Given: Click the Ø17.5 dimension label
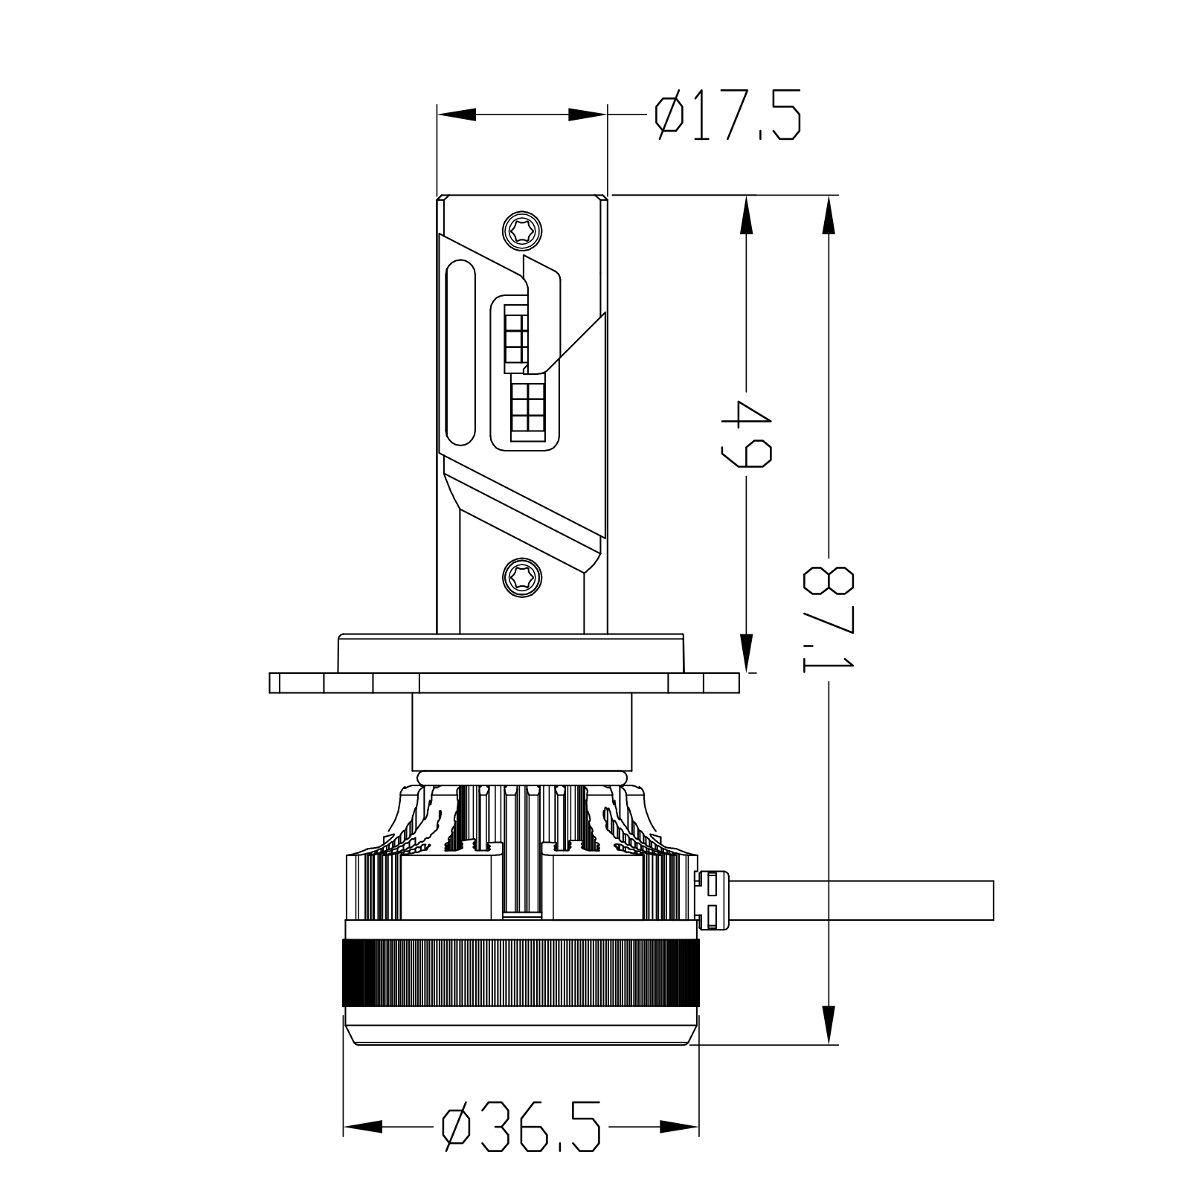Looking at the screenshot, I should click(727, 116).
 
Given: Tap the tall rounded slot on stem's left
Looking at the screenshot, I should click(460, 353).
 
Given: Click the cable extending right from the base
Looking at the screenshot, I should click(863, 900).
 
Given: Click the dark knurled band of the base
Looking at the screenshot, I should click(521, 975).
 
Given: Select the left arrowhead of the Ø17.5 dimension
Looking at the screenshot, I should click(456, 115).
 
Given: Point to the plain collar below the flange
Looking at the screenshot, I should click(521, 733).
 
